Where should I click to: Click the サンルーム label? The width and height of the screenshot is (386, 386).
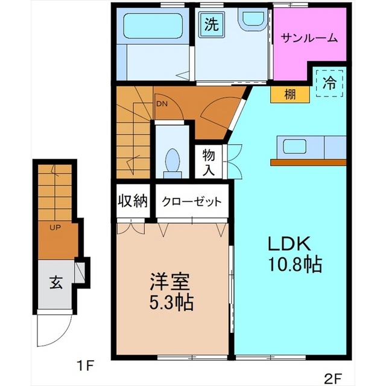tap(309, 38)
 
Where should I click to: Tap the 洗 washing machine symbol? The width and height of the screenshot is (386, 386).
tap(212, 25)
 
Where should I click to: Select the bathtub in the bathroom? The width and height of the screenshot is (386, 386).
tap(153, 26)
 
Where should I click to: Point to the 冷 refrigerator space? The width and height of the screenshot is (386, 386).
tap(329, 83)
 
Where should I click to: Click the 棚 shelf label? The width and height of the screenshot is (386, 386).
tap(290, 94)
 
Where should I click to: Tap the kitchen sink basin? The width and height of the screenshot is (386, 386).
tap(295, 146)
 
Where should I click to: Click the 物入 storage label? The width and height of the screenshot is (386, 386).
tap(209, 162)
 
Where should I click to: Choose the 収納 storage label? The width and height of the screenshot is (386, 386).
tap(133, 201)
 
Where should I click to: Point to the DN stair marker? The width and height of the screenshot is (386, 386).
tap(162, 104)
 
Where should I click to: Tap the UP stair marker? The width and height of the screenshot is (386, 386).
tap(55, 228)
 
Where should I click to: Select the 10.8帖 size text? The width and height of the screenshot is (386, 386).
tap(295, 264)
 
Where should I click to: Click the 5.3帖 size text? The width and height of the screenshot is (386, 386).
tap(171, 302)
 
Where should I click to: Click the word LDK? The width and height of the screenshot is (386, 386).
tap(289, 244)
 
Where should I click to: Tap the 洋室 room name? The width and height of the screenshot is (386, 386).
tap(171, 282)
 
